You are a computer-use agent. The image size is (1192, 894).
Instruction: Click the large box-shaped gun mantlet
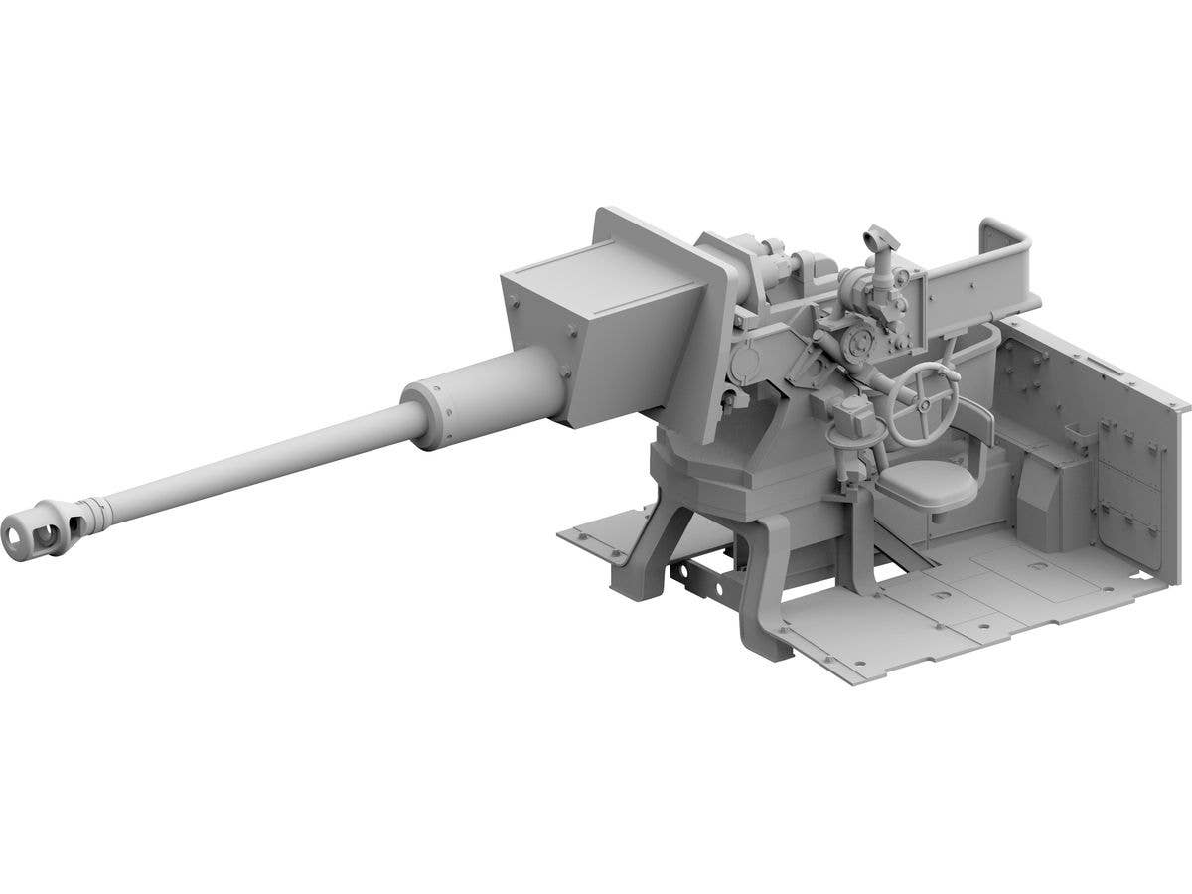point(606,318)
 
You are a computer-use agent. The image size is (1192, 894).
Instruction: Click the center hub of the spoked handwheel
point(924,399)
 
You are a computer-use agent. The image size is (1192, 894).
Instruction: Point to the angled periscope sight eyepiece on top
point(876,238)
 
